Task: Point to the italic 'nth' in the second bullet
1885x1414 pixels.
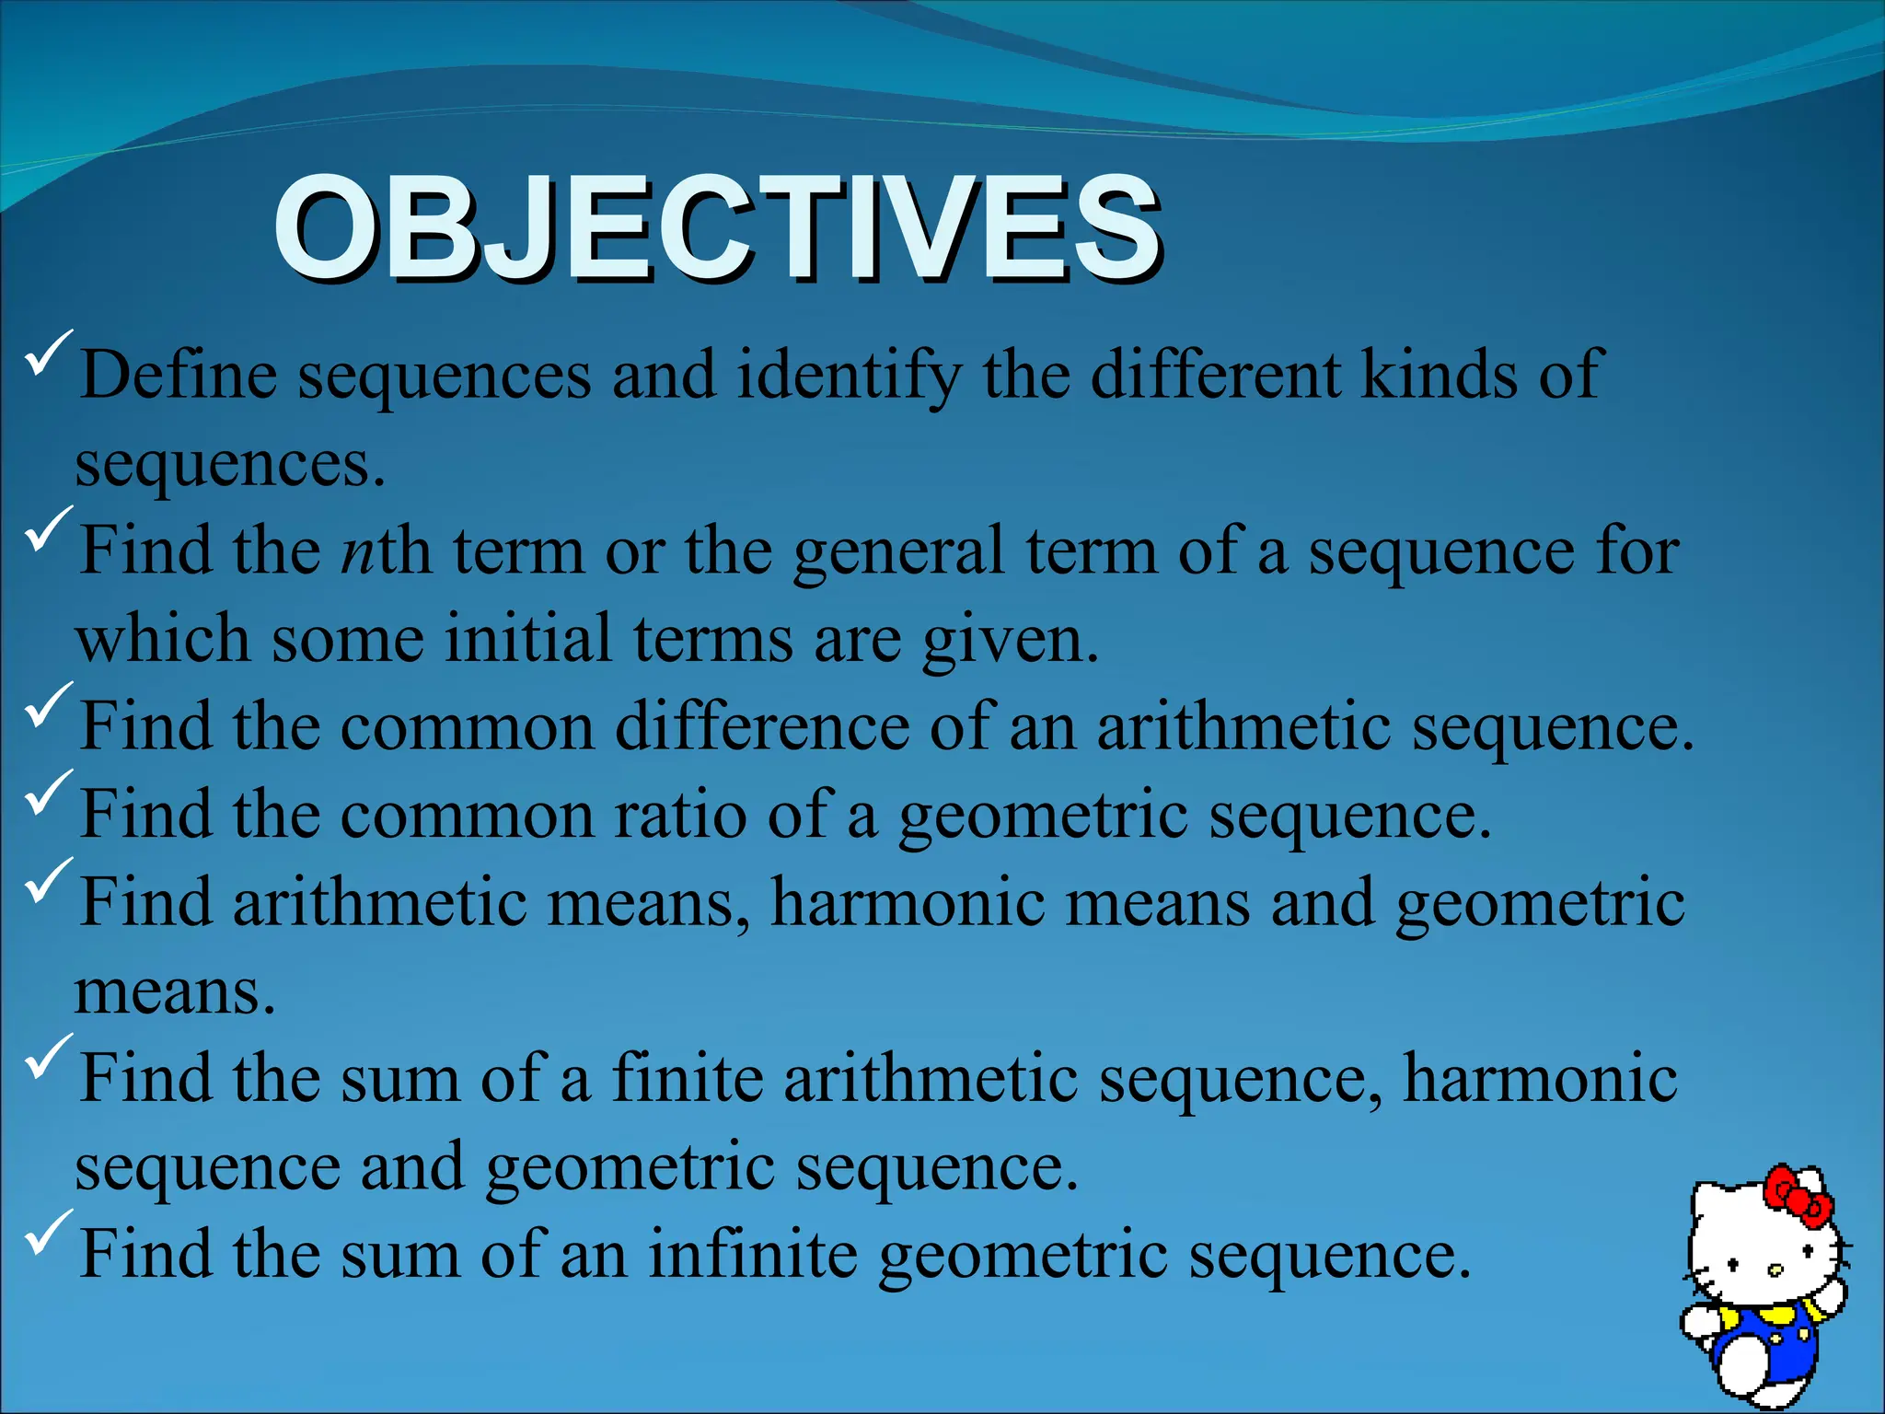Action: (x=385, y=551)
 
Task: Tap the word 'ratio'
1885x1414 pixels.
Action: (x=680, y=816)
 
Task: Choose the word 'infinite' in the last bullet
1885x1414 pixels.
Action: (x=752, y=1255)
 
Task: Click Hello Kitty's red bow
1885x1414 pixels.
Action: (x=1797, y=1198)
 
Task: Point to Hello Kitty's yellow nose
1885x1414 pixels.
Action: (x=1775, y=1270)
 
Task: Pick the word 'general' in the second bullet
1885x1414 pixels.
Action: (x=897, y=551)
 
